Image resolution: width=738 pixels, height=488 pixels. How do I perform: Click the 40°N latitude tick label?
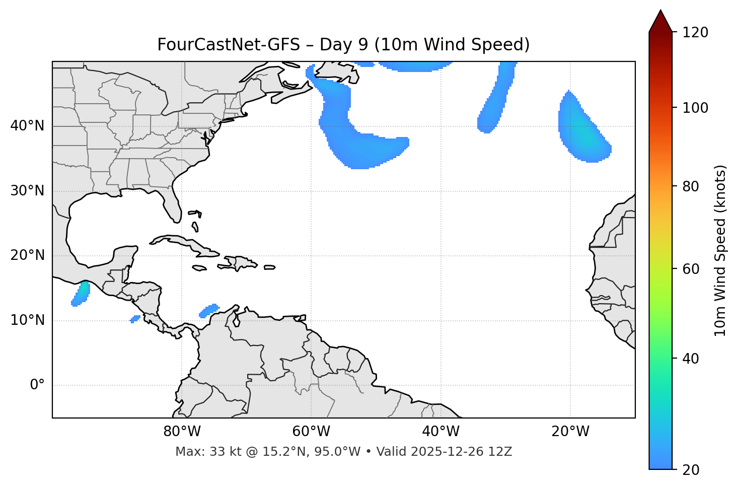click(x=27, y=126)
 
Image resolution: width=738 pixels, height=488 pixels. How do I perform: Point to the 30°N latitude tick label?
click(x=27, y=191)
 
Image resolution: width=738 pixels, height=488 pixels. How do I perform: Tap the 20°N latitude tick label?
click(x=27, y=256)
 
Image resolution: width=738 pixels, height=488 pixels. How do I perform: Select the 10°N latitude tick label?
click(x=27, y=320)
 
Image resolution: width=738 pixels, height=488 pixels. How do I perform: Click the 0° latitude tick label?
click(x=37, y=385)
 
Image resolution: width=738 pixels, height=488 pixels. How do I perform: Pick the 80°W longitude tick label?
click(x=182, y=432)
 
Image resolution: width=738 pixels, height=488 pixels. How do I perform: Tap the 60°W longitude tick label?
click(x=311, y=432)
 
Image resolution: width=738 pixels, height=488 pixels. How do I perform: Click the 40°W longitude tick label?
click(x=440, y=432)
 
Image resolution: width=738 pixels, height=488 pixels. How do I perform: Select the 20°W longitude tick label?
click(x=570, y=432)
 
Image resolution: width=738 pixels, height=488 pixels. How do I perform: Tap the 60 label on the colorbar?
click(x=693, y=269)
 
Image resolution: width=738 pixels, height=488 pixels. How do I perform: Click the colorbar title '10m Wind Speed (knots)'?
click(x=720, y=250)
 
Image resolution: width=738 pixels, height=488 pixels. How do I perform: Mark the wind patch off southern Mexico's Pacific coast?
click(x=81, y=294)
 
